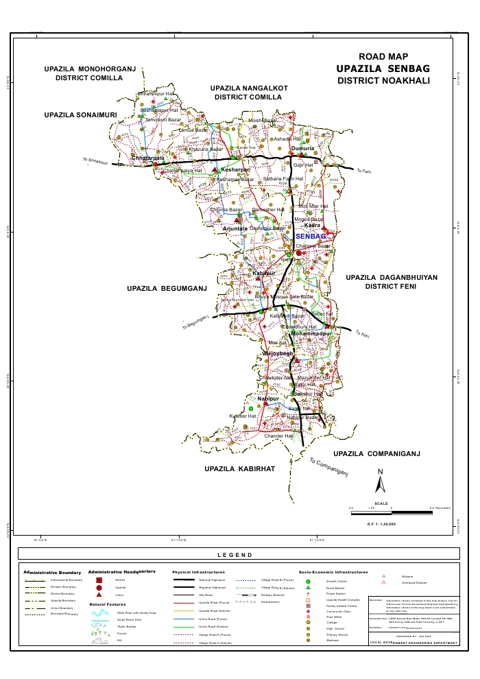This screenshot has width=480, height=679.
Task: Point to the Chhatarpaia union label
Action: point(147,158)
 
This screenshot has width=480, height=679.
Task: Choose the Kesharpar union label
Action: point(235,169)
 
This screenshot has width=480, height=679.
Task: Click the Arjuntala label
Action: point(244,228)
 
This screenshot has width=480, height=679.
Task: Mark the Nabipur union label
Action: point(269,398)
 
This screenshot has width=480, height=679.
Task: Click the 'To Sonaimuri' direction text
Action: point(96,162)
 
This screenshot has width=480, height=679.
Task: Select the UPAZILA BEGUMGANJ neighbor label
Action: point(167,289)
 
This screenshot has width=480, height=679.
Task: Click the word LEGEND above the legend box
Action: point(235,555)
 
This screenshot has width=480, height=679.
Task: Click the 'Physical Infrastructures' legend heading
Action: point(199,571)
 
